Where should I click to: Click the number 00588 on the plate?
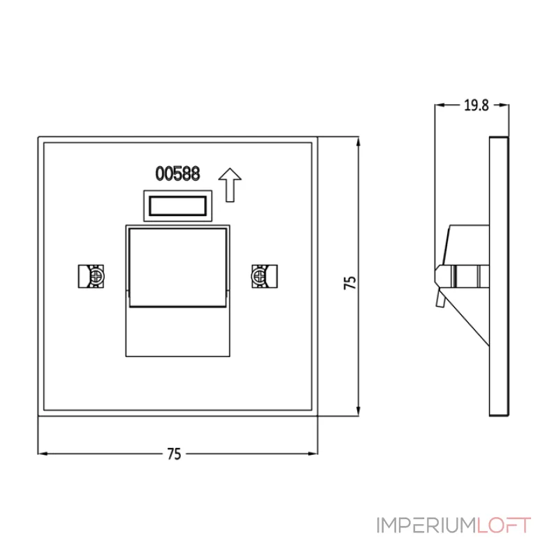tap(177, 173)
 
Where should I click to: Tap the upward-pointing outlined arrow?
tap(230, 185)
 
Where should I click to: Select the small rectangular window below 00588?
tap(178, 205)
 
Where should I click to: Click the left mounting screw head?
tap(96, 276)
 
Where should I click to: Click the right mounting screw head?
tap(259, 276)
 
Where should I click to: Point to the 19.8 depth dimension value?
tap(477, 106)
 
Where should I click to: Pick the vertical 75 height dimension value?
tap(350, 282)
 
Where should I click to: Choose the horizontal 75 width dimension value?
tap(174, 453)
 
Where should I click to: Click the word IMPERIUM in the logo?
tap(427, 525)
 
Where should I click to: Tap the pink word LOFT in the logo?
tap(504, 525)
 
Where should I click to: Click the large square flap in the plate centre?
tap(178, 268)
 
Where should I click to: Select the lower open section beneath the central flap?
tap(178, 331)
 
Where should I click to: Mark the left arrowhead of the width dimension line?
tap(43, 453)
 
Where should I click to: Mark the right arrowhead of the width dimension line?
tap(312, 453)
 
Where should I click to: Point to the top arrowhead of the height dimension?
tap(358, 142)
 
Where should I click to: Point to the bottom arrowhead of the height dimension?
tap(358, 411)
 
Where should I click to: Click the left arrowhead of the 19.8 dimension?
tap(440, 105)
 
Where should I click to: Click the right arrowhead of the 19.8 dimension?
tap(504, 105)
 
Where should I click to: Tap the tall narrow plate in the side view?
tap(499, 276)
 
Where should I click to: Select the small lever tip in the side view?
tap(440, 299)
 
